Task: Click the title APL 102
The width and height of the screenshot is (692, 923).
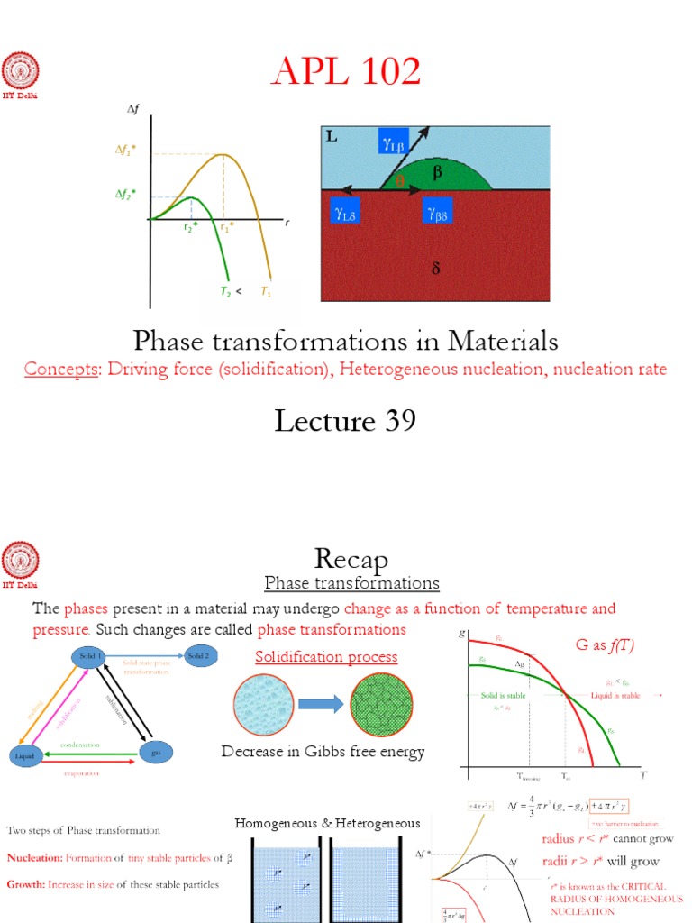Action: point(346,73)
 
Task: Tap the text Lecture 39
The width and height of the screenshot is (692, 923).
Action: point(346,421)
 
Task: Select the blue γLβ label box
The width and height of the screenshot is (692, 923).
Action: point(395,141)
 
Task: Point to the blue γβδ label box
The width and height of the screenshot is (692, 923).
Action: point(441,214)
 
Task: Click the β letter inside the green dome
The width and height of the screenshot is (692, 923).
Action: point(437,173)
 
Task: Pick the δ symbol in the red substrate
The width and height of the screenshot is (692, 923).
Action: point(436,268)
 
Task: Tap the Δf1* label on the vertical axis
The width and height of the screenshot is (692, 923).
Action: point(125,152)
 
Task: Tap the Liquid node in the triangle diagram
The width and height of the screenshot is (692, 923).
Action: point(26,755)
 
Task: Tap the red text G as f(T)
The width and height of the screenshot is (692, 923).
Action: point(607,645)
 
